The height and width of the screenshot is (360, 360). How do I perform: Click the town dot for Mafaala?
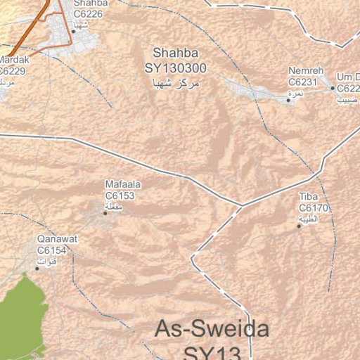click(x=105, y=213)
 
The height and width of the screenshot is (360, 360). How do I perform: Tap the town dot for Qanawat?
click(x=37, y=269)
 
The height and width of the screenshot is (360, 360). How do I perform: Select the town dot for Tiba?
click(x=299, y=226)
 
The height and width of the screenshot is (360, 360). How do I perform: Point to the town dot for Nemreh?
click(x=288, y=101)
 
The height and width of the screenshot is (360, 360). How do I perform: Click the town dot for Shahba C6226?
click(x=73, y=31)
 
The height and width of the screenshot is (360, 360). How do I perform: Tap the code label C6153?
click(x=120, y=195)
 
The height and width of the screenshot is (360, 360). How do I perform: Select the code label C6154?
click(x=52, y=250)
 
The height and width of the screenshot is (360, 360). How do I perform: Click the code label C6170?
click(x=314, y=208)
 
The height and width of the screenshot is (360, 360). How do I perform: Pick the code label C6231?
click(x=303, y=82)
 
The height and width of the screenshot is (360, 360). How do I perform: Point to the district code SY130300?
click(x=176, y=68)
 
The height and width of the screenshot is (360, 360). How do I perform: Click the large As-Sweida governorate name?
click(x=212, y=329)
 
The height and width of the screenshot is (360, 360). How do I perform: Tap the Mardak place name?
click(x=13, y=60)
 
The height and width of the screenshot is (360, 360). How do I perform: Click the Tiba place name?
click(x=309, y=197)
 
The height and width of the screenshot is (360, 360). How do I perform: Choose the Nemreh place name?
click(x=304, y=72)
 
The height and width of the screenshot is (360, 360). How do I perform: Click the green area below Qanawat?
click(x=21, y=316)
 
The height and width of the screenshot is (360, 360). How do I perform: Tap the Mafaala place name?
click(x=122, y=185)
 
